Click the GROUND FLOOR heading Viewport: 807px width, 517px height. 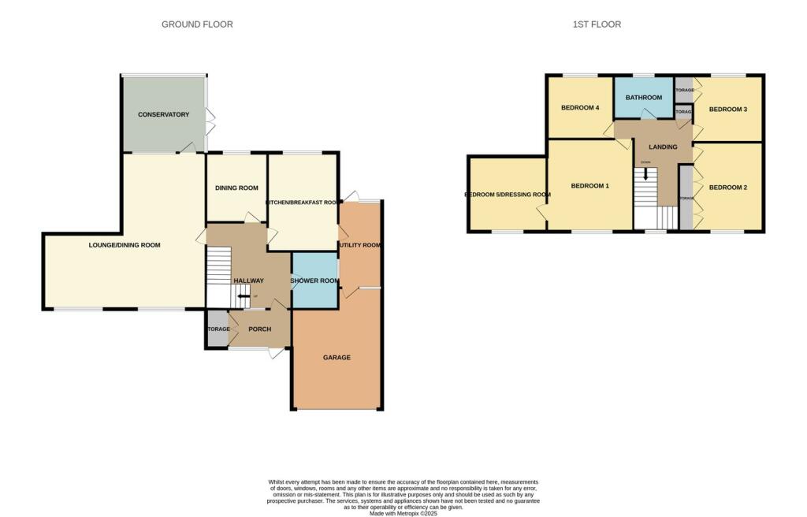pos(197,24)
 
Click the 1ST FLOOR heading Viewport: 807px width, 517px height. pos(597,24)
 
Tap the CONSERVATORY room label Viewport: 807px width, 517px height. pos(163,115)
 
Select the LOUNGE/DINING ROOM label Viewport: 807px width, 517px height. pos(125,245)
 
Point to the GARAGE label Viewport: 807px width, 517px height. pos(337,358)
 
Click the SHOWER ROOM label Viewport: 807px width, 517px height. pos(314,281)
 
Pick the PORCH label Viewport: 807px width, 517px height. pos(259,329)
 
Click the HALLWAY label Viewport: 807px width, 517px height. pos(248,281)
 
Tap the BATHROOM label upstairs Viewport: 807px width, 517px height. pos(643,98)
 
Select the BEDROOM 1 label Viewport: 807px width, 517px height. pos(589,186)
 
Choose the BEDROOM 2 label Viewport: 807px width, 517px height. pos(727,188)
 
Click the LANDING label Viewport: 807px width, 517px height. pos(663,147)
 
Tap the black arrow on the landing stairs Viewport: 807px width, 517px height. pos(646,173)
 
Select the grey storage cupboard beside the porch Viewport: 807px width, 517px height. pos(218,329)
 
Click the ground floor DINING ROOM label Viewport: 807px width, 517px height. pos(236,188)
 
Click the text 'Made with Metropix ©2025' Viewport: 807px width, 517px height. pos(403,513)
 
